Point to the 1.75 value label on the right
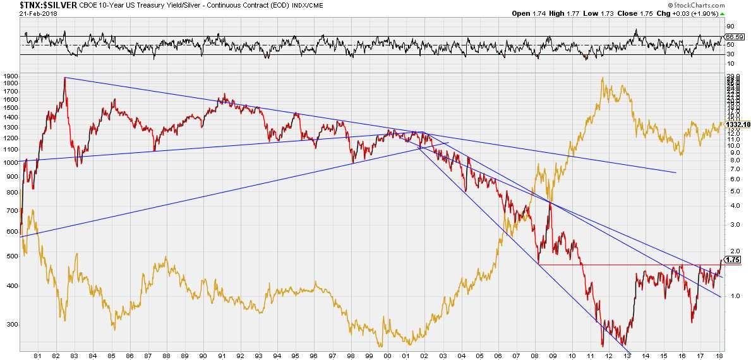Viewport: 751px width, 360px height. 733,259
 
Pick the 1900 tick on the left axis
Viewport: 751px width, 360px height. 10,76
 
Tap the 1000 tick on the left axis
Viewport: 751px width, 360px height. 10,162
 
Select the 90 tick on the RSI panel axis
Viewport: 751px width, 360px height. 730,27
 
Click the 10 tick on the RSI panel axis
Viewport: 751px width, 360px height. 730,63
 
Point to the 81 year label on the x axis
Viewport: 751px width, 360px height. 38,356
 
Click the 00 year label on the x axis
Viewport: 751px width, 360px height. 387,356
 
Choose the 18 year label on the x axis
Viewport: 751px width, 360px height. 719,356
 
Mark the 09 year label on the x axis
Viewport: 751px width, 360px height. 553,356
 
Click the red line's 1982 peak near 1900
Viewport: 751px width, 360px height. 65,78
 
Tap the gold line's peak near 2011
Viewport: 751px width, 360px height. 603,78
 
